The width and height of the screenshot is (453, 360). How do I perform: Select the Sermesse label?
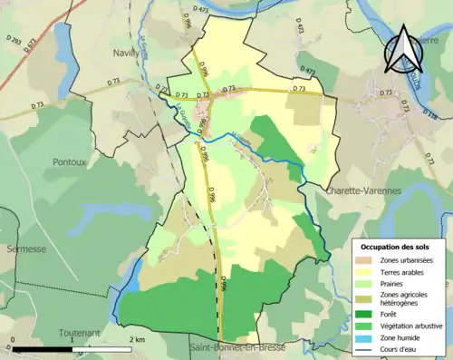click(20, 248)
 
